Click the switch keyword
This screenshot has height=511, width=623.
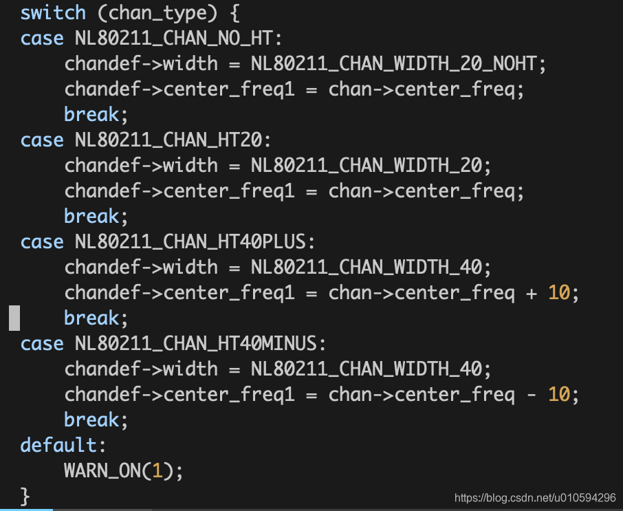pyautogui.click(x=53, y=13)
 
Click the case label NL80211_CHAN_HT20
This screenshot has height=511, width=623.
pyautogui.click(x=168, y=140)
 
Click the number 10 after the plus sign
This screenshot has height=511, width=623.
pyautogui.click(x=559, y=293)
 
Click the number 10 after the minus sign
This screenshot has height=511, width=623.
pyautogui.click(x=559, y=395)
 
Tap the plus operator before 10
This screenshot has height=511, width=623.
pyautogui.click(x=531, y=293)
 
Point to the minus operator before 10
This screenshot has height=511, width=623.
pyautogui.click(x=531, y=395)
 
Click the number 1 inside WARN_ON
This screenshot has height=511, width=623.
pyautogui.click(x=157, y=471)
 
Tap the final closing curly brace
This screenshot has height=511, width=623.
pyautogui.click(x=25, y=495)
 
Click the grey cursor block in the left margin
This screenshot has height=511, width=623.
pyautogui.click(x=14, y=318)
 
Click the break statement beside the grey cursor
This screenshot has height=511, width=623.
pyautogui.click(x=91, y=318)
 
